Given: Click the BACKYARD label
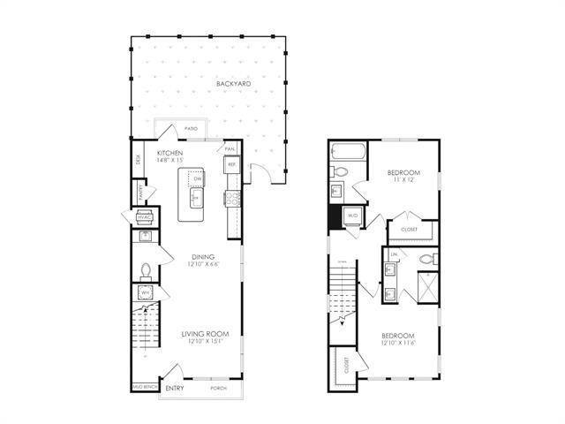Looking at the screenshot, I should point(233,84).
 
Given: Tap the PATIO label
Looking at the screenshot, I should point(191,130).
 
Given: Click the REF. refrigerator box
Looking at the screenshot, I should point(231,164).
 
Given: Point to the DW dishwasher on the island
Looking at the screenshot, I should point(198,180).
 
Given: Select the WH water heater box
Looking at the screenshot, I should point(144,291).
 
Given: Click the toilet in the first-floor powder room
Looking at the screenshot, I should point(147,269).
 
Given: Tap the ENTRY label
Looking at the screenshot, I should point(175,388).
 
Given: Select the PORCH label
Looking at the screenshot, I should point(219,388).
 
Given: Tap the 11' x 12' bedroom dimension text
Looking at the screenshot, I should point(403,180).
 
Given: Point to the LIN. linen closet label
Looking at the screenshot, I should point(395,255).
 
